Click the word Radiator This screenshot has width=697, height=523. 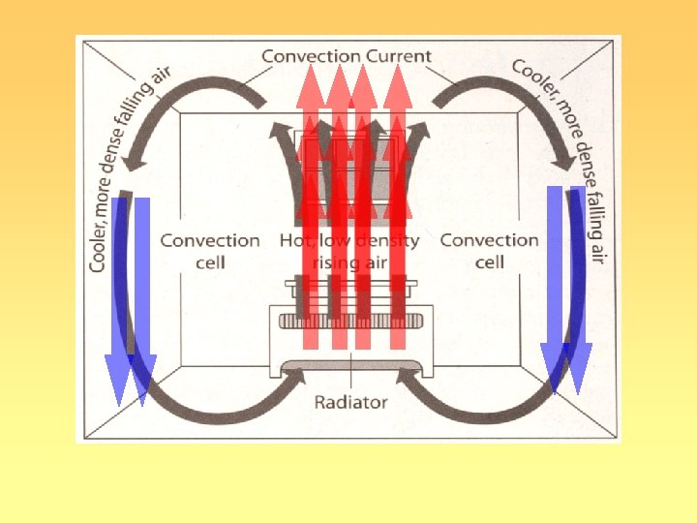[x=350, y=401]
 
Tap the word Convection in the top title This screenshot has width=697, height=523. [x=309, y=56]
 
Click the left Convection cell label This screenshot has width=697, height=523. [x=210, y=251]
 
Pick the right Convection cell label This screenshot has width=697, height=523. [x=489, y=251]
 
